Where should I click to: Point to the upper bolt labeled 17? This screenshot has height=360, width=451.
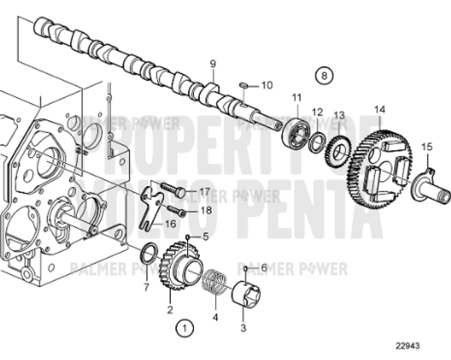(x=172, y=192)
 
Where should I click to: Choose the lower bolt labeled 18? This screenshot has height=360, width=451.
(x=175, y=213)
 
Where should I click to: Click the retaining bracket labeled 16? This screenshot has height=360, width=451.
(x=154, y=203)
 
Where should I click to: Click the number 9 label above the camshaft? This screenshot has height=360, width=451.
(x=213, y=63)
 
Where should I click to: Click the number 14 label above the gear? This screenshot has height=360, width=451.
(x=380, y=110)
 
